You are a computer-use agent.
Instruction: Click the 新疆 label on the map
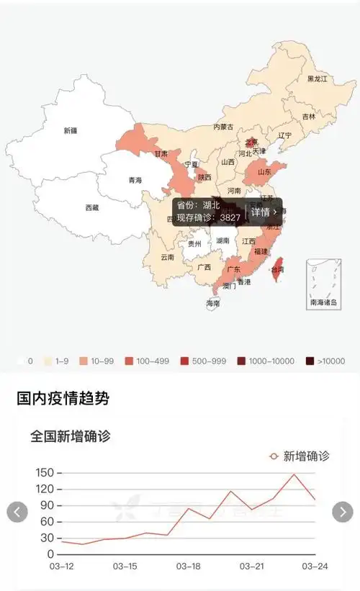click(x=70, y=130)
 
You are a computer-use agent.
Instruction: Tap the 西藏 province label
click(x=92, y=207)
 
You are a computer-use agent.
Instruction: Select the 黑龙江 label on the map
click(x=318, y=78)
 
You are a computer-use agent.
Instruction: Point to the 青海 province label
click(x=135, y=180)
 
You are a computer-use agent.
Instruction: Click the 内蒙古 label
click(x=223, y=127)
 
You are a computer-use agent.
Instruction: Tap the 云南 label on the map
click(x=167, y=257)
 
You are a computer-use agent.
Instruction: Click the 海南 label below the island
click(x=212, y=304)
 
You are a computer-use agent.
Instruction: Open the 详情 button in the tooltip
click(x=264, y=212)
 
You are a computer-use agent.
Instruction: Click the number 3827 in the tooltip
click(x=230, y=217)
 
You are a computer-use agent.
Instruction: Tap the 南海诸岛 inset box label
click(x=323, y=303)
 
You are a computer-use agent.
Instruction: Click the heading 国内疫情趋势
click(x=63, y=397)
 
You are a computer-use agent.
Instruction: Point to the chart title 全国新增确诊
click(x=70, y=436)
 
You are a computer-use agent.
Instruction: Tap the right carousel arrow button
click(x=343, y=512)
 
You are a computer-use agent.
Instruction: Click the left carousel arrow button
click(x=17, y=512)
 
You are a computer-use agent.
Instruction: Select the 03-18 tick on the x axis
click(x=189, y=567)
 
